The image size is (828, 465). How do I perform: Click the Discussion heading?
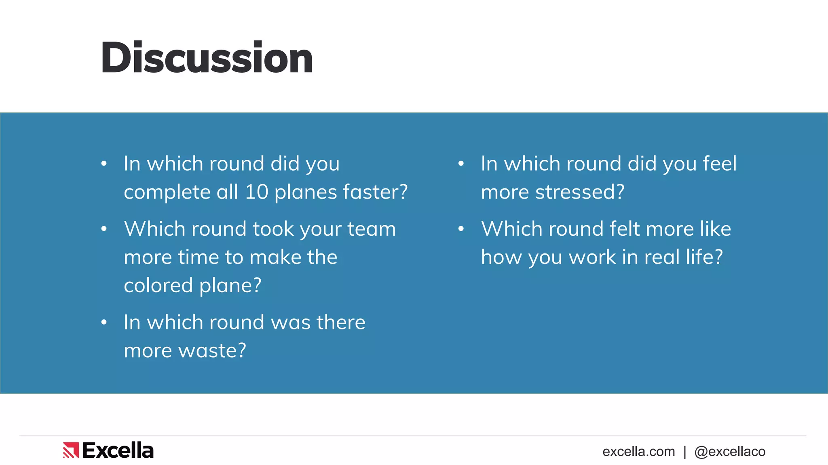pyautogui.click(x=207, y=58)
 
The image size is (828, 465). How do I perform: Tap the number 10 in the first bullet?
pyautogui.click(x=257, y=192)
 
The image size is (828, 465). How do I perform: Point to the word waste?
pyautogui.click(x=212, y=350)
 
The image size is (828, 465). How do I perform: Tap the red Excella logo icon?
pyautogui.click(x=71, y=450)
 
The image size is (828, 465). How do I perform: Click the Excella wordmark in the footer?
pyautogui.click(x=118, y=450)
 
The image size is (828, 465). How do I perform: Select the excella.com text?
pyautogui.click(x=638, y=451)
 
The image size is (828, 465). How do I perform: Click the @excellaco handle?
pyautogui.click(x=730, y=451)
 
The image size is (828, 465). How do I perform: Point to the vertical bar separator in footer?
pyautogui.click(x=685, y=451)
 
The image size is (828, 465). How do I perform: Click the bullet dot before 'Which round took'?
pyautogui.click(x=104, y=229)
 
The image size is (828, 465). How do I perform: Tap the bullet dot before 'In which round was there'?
pyautogui.click(x=104, y=322)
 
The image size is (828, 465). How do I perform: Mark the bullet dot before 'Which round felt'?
pyautogui.click(x=461, y=229)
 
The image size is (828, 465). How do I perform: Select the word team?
pyautogui.click(x=372, y=229)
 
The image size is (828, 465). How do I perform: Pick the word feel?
pyautogui.click(x=720, y=163)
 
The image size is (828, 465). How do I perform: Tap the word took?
pyautogui.click(x=273, y=229)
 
